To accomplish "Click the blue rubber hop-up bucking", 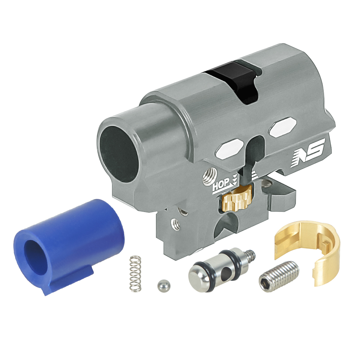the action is pos(69,246).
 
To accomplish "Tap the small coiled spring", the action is pos(135,274).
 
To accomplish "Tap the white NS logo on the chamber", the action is pos(308,152).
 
